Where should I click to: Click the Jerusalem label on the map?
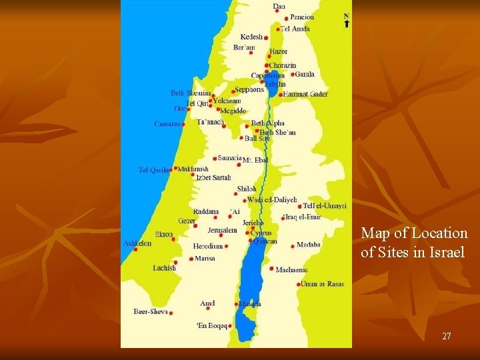(223, 230)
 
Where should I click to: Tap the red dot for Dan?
(277, 11)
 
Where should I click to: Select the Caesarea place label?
(167, 124)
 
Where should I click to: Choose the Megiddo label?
(233, 111)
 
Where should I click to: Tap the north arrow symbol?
(346, 21)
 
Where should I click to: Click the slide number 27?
(447, 337)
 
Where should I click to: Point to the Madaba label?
(309, 245)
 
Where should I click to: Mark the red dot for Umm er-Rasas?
(299, 284)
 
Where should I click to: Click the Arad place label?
(207, 303)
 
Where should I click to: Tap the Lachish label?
(164, 268)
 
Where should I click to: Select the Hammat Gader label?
(305, 94)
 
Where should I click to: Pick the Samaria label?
(230, 158)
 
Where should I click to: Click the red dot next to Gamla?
(293, 75)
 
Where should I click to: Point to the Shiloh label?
(247, 189)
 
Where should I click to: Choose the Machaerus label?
(291, 269)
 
